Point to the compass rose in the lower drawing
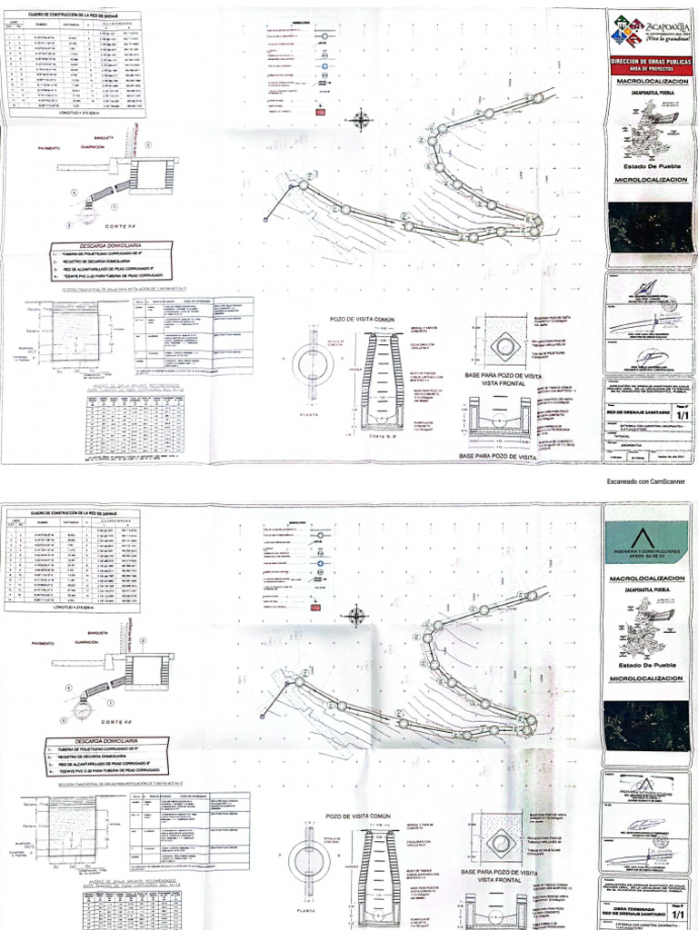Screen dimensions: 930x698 (x=355, y=614)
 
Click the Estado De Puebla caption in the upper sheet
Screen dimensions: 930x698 (x=647, y=166)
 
